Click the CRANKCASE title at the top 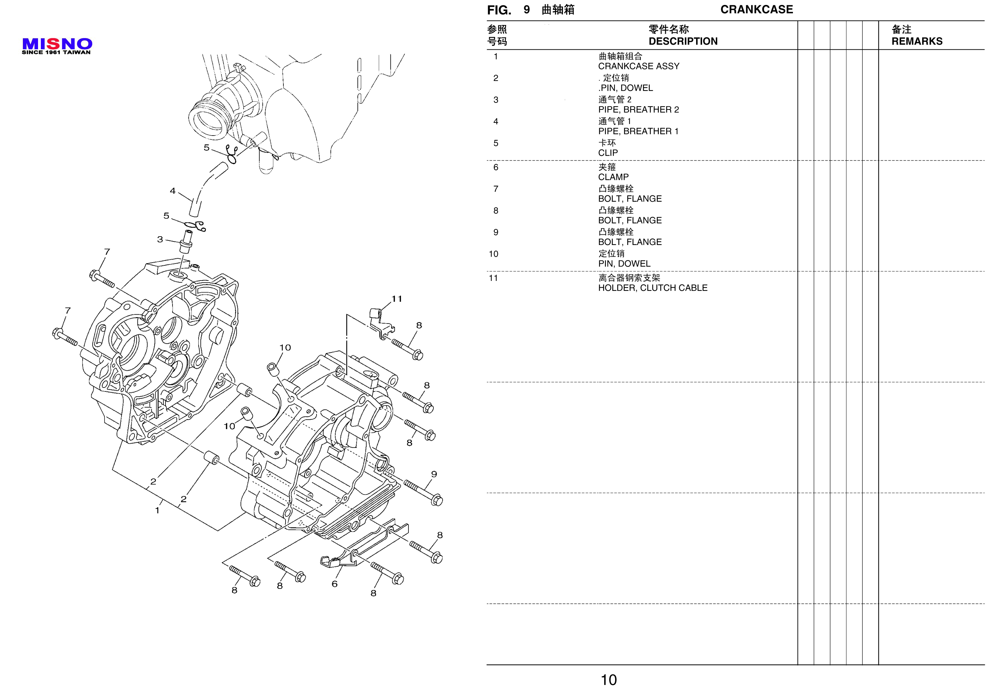[756, 10]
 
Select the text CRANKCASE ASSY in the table [639, 66]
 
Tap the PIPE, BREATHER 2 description [639, 110]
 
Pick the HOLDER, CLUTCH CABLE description [653, 288]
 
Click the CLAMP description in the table [613, 177]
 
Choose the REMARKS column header [917, 41]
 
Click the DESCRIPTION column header [683, 41]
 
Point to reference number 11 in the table [493, 278]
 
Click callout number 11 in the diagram [397, 299]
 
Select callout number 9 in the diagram [434, 474]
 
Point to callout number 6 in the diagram [334, 584]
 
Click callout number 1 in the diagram [157, 510]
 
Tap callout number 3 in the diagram [160, 239]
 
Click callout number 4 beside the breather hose [173, 190]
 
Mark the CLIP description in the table [608, 153]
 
